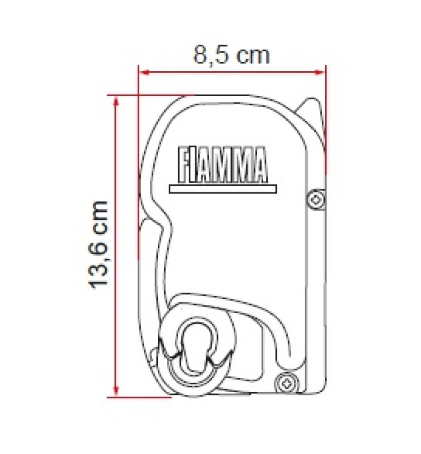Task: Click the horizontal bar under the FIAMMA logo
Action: click(222, 188)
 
